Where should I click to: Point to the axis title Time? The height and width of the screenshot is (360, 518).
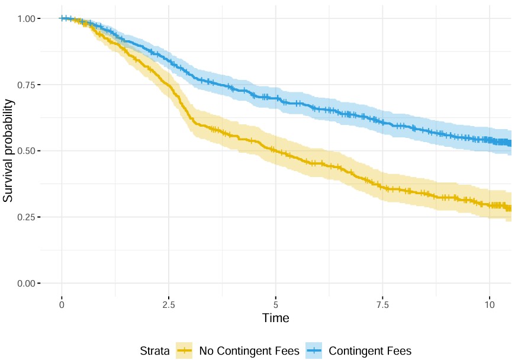pos(276,318)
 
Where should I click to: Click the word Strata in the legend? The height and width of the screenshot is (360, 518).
pos(155,351)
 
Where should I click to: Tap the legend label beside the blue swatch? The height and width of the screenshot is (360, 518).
pos(370,351)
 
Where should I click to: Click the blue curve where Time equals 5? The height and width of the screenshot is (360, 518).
pos(276,97)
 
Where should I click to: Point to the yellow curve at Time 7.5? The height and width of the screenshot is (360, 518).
pos(383,187)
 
